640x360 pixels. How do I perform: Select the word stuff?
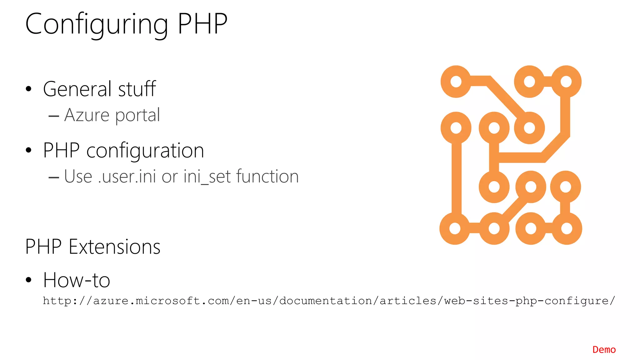137,89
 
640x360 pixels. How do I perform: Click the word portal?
137,116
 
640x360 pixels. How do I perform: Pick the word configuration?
145,151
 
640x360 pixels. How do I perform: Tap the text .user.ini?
127,177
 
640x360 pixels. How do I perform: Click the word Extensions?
114,247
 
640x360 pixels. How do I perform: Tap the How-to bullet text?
77,280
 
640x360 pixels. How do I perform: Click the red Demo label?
604,350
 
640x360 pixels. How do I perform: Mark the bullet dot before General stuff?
29,89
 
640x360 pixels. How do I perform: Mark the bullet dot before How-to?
29,280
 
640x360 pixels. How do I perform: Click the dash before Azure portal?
54,116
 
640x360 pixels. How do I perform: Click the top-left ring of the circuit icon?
456,82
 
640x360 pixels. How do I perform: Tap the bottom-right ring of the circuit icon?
566,228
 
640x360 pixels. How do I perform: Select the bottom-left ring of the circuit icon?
455,228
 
